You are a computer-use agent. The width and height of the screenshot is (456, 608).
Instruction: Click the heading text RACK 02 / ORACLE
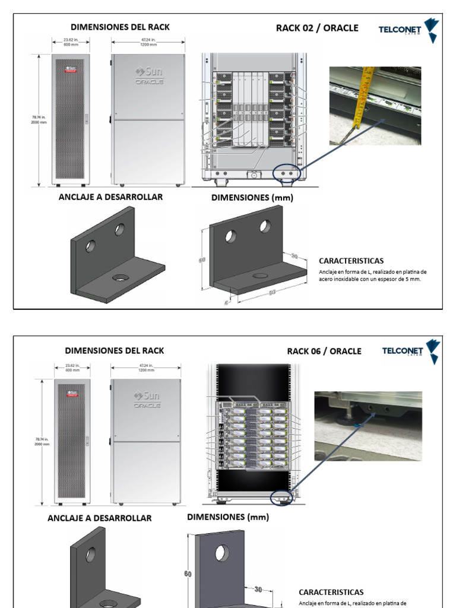[317, 28]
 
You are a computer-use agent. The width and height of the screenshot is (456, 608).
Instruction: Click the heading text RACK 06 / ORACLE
[324, 351]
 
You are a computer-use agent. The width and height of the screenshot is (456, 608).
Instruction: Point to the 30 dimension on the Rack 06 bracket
[258, 589]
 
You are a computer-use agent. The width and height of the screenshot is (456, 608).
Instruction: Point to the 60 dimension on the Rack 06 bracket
[187, 574]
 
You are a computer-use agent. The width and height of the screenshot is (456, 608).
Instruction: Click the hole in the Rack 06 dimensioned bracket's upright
[222, 553]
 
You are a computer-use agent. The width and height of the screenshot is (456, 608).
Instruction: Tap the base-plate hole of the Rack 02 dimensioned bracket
[259, 275]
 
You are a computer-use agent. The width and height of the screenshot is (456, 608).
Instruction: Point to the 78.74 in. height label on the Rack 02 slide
[39, 120]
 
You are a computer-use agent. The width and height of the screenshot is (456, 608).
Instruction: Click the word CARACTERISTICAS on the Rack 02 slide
[351, 261]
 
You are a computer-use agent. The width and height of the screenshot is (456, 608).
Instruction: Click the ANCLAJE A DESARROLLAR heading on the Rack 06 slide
[99, 518]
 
